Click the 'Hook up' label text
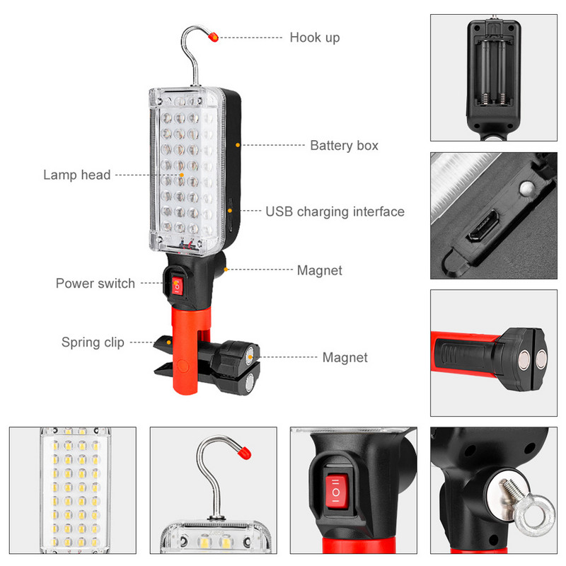click(x=314, y=37)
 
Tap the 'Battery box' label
click(x=344, y=146)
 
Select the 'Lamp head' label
click(x=77, y=175)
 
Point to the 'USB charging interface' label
click(x=335, y=212)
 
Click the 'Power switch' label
click(x=96, y=284)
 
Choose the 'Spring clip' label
click(x=93, y=342)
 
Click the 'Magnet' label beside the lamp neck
click(x=319, y=270)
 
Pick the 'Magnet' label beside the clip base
click(x=345, y=357)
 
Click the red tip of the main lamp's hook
click(x=214, y=36)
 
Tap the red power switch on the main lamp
click(x=177, y=286)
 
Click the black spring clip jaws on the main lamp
click(x=168, y=354)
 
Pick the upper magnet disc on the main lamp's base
click(x=252, y=353)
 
